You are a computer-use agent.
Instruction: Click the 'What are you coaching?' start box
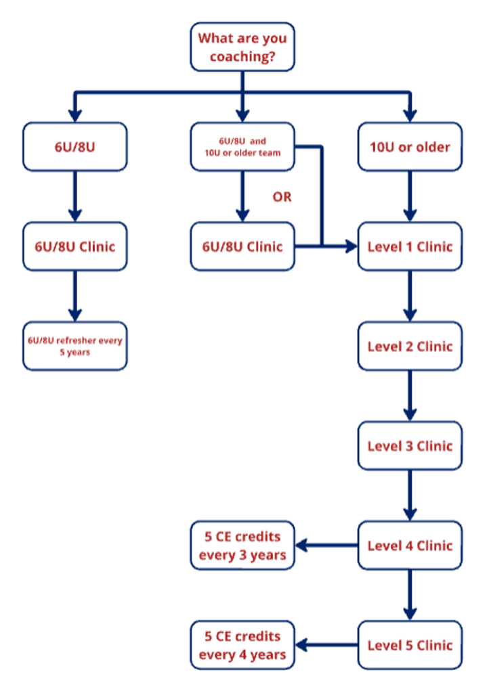pos(242,47)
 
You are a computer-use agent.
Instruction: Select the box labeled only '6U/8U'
pos(74,147)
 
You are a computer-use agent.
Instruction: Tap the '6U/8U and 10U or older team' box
pos(242,147)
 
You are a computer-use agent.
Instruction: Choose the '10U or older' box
pos(410,147)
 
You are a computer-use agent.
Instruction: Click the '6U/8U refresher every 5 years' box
pos(74,346)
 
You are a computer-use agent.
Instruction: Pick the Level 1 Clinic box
pos(410,246)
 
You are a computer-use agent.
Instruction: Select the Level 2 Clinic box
pos(410,346)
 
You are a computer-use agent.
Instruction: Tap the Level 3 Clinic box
pos(410,446)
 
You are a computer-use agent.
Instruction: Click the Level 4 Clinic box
pos(410,545)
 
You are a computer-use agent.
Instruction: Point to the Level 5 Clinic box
pos(410,645)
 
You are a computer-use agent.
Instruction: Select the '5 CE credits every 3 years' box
pos(242,545)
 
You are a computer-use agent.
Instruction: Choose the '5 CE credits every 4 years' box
pos(242,645)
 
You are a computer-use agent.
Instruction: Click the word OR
pos(282,197)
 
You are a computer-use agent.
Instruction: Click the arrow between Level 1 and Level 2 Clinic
pos(410,296)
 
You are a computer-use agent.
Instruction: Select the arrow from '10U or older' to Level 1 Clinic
pos(410,196)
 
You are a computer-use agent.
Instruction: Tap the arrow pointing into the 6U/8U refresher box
pos(74,296)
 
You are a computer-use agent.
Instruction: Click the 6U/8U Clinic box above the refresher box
pos(74,246)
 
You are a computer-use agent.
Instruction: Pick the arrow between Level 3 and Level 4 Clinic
pos(410,495)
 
